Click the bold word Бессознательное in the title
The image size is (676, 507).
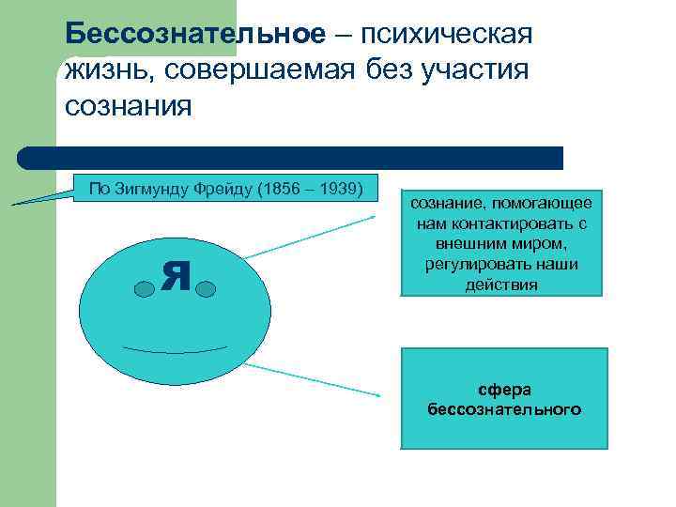pos(196,36)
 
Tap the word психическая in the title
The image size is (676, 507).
pos(441,36)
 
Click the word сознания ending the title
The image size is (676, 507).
pos(129,104)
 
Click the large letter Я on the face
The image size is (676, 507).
pos(175,273)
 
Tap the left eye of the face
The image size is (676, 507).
pos(144,287)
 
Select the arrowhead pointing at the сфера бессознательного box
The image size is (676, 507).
pos(378,395)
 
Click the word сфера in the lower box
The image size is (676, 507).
pos(504,391)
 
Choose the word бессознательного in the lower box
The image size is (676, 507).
pos(504,409)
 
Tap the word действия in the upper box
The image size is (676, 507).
pos(501,284)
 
